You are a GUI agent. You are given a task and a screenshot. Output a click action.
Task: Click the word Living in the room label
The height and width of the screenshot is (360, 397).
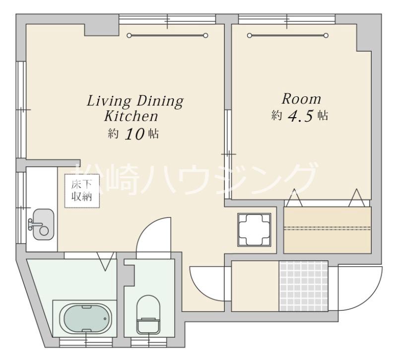(x=109, y=101)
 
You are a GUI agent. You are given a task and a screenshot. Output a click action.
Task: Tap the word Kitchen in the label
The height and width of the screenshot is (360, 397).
(x=131, y=116)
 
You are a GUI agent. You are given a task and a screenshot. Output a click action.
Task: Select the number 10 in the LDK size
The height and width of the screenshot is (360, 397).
(x=134, y=134)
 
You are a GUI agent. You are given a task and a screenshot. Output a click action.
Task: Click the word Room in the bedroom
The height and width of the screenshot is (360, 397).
(x=301, y=98)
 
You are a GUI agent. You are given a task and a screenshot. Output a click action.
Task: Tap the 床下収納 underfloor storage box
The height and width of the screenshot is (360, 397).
(x=82, y=191)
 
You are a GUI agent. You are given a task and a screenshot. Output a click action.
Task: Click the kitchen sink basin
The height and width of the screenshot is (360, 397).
(x=44, y=224)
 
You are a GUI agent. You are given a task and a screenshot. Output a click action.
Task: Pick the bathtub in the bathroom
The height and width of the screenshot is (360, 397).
(x=85, y=318)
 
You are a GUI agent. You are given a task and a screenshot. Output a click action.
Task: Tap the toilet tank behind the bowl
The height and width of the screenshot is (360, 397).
(x=148, y=326)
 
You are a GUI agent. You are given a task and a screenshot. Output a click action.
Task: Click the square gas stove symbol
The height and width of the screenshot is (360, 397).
(x=254, y=230)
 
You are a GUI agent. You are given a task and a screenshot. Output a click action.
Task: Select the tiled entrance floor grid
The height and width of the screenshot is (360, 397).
(x=304, y=286)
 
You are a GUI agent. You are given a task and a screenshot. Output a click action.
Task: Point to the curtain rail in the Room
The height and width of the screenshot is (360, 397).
(x=288, y=35)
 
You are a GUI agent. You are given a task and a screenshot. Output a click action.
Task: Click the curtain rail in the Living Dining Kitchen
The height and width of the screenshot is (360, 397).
(x=167, y=35)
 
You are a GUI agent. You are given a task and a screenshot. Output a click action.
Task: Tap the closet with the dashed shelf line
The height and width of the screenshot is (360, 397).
(x=328, y=230)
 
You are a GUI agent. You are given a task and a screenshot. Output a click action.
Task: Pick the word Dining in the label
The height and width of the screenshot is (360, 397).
(x=160, y=101)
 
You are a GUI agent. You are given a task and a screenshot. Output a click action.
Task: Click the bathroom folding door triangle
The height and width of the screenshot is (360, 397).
(x=106, y=261)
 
